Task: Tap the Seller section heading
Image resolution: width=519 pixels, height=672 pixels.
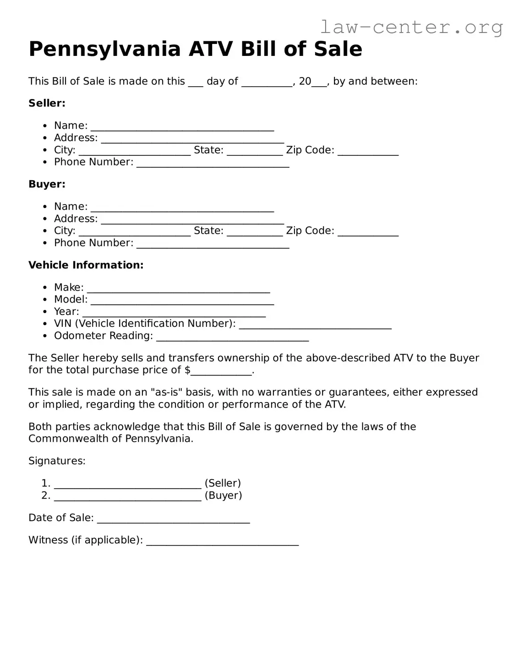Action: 47,103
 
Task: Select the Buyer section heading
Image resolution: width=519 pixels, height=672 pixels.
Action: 47,184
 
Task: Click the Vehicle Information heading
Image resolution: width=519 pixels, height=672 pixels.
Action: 86,265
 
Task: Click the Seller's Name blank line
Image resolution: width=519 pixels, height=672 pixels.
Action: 182,127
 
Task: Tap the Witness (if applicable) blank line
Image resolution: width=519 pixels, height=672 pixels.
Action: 222,542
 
